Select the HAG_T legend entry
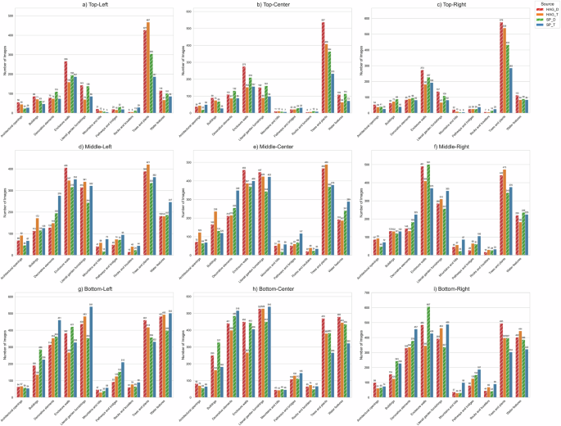point(543,14)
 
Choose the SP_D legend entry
point(543,20)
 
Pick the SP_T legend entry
point(543,25)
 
